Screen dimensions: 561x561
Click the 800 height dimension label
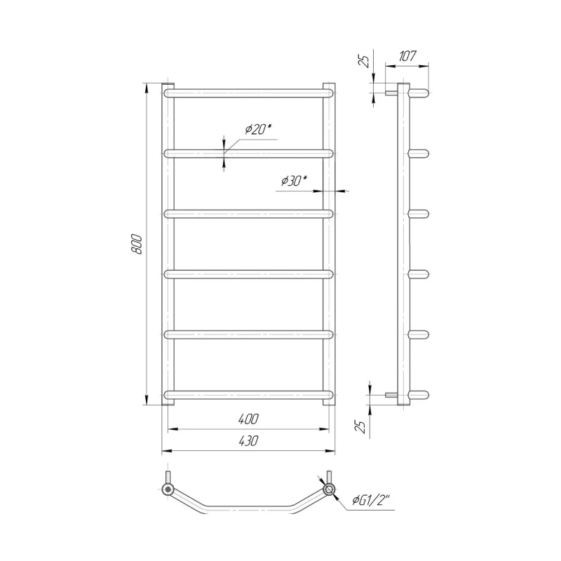(137, 244)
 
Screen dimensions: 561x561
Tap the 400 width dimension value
(248, 419)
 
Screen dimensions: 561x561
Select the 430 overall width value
(248, 441)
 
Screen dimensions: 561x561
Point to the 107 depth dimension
(407, 56)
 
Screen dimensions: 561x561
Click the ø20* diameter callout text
(259, 129)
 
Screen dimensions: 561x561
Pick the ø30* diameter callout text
(294, 182)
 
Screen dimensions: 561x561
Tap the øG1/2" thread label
(372, 501)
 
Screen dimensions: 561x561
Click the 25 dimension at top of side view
(364, 61)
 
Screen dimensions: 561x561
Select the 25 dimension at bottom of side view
(363, 426)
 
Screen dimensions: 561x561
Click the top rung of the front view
(249, 93)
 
